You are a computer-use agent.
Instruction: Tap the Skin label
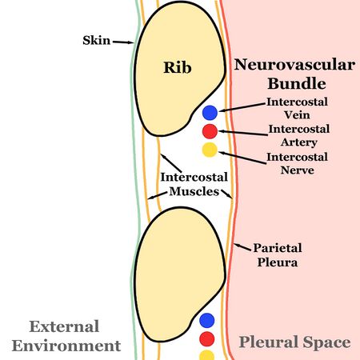pyautogui.click(x=98, y=39)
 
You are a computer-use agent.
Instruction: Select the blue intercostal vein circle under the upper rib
pyautogui.click(x=210, y=113)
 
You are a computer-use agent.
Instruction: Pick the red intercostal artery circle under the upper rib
pyautogui.click(x=210, y=131)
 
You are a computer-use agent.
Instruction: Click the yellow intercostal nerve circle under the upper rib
pyautogui.click(x=210, y=150)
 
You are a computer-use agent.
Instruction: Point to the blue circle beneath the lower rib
pyautogui.click(x=207, y=321)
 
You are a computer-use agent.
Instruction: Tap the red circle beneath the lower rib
pyautogui.click(x=207, y=338)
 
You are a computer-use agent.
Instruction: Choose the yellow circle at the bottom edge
pyautogui.click(x=207, y=354)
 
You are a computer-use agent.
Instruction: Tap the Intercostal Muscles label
pyautogui.click(x=194, y=184)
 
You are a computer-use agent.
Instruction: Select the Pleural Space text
pyautogui.click(x=294, y=342)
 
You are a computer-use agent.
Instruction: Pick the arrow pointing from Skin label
pyautogui.click(x=123, y=41)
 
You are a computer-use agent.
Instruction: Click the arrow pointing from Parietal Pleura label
pyautogui.click(x=242, y=242)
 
